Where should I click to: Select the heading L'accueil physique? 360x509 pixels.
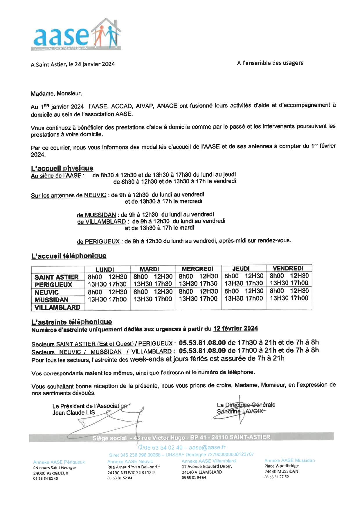pyautogui.click(x=62, y=168)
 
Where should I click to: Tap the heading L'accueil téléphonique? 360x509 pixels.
pyautogui.click(x=69, y=256)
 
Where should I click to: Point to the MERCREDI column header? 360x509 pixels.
pyautogui.click(x=197, y=269)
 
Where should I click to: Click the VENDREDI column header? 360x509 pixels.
pyautogui.click(x=288, y=268)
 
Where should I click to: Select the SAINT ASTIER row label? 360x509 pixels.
pyautogui.click(x=57, y=277)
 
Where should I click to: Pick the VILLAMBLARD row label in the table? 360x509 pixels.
pyautogui.click(x=57, y=307)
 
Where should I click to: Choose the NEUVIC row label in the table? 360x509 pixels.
pyautogui.click(x=47, y=292)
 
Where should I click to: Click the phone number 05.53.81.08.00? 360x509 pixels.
pyautogui.click(x=202, y=342)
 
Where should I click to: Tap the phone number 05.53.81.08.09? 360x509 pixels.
pyautogui.click(x=202, y=351)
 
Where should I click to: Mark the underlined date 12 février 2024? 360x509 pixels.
pyautogui.click(x=235, y=328)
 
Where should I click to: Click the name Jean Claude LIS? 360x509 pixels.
pyautogui.click(x=73, y=413)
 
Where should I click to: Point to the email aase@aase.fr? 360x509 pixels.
pyautogui.click(x=207, y=447)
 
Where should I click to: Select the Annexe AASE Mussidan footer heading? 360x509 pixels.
pyautogui.click(x=289, y=460)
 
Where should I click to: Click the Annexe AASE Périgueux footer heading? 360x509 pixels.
pyautogui.click(x=59, y=462)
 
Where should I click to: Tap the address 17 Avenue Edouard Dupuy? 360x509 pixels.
pyautogui.click(x=207, y=467)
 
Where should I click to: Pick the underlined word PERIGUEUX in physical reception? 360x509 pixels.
pyautogui.click(x=102, y=241)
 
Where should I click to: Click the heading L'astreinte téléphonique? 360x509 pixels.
pyautogui.click(x=71, y=322)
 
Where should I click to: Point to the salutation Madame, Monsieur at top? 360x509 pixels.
pyautogui.click(x=56, y=93)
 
